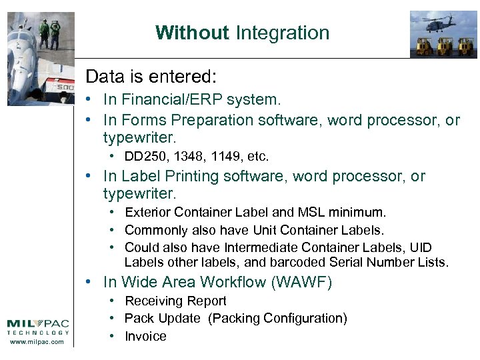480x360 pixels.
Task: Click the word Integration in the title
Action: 283,33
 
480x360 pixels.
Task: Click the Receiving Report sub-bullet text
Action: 175,301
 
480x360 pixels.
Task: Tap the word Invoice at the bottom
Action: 145,336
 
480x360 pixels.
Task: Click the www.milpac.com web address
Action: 38,342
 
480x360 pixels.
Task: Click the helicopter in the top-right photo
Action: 437,23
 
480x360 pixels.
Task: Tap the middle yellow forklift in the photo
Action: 443,46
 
